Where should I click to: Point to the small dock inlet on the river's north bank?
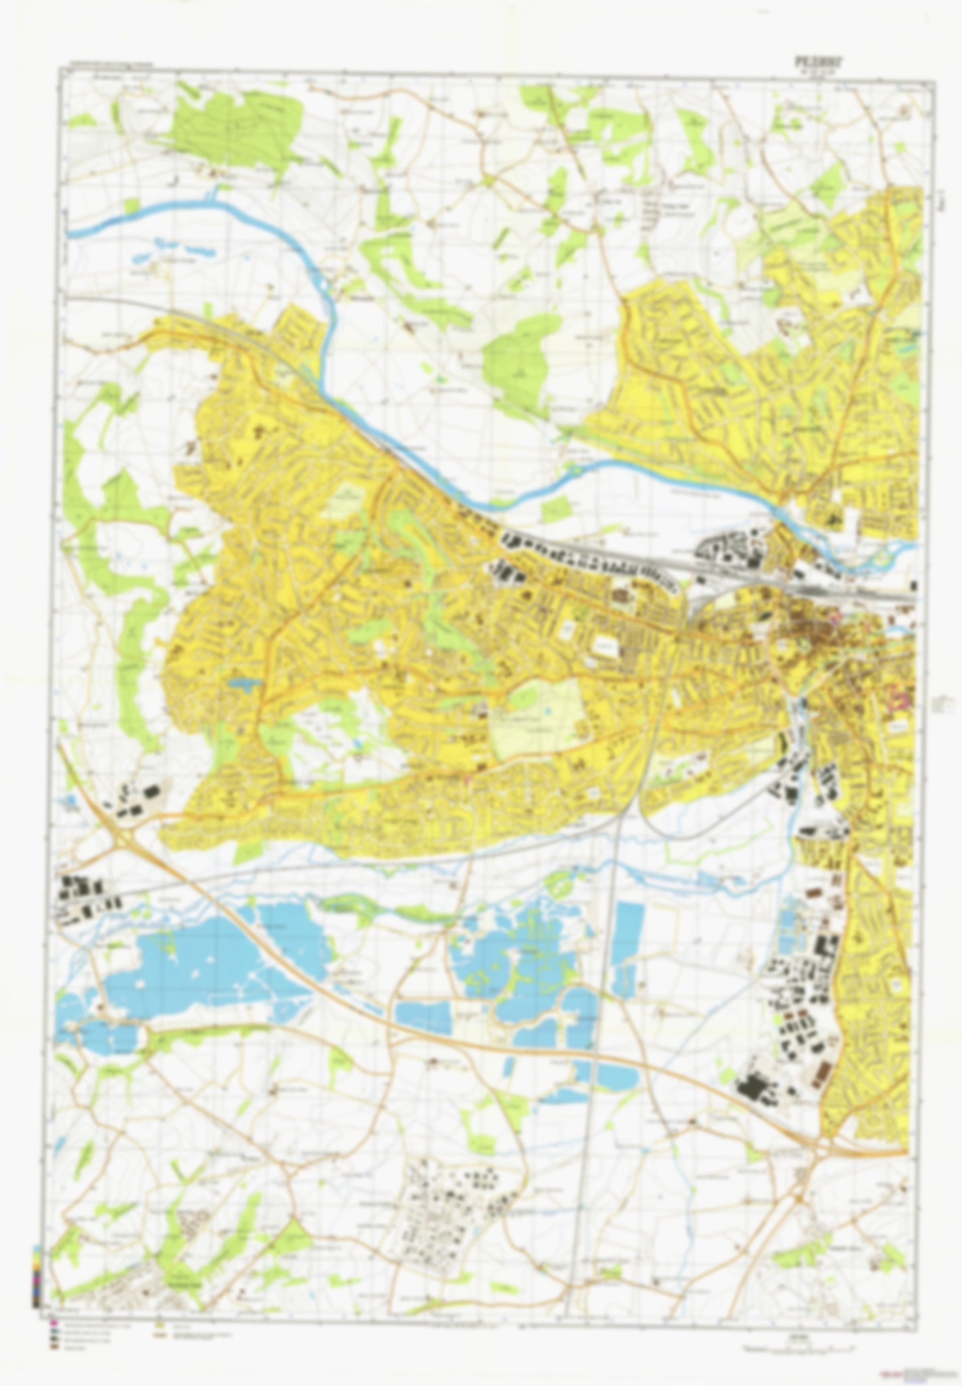(x=214, y=194)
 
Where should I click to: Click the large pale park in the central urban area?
(x=539, y=716)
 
